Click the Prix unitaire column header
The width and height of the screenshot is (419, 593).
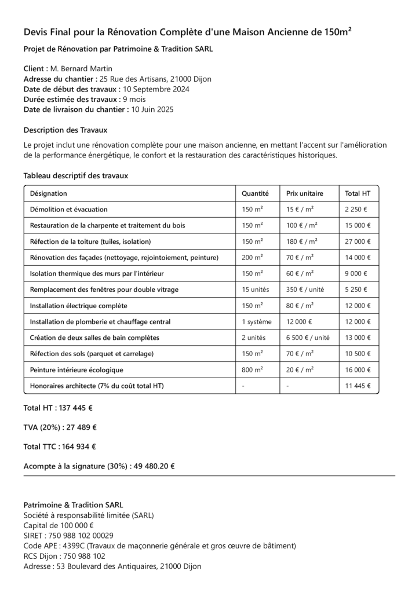click(x=305, y=193)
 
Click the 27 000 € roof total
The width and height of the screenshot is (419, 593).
click(x=358, y=241)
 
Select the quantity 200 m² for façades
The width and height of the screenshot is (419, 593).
click(x=252, y=257)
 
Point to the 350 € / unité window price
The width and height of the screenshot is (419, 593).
click(x=305, y=290)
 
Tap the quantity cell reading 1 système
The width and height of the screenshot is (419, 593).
click(x=256, y=321)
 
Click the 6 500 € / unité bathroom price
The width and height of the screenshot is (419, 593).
click(x=308, y=338)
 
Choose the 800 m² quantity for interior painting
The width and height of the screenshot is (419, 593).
click(x=252, y=369)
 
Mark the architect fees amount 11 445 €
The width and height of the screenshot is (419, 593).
click(x=358, y=386)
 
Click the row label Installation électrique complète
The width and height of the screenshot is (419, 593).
click(x=79, y=305)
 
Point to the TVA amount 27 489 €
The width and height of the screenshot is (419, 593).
click(x=78, y=427)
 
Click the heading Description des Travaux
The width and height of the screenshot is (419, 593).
click(x=65, y=130)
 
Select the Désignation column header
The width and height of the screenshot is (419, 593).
click(x=49, y=193)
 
